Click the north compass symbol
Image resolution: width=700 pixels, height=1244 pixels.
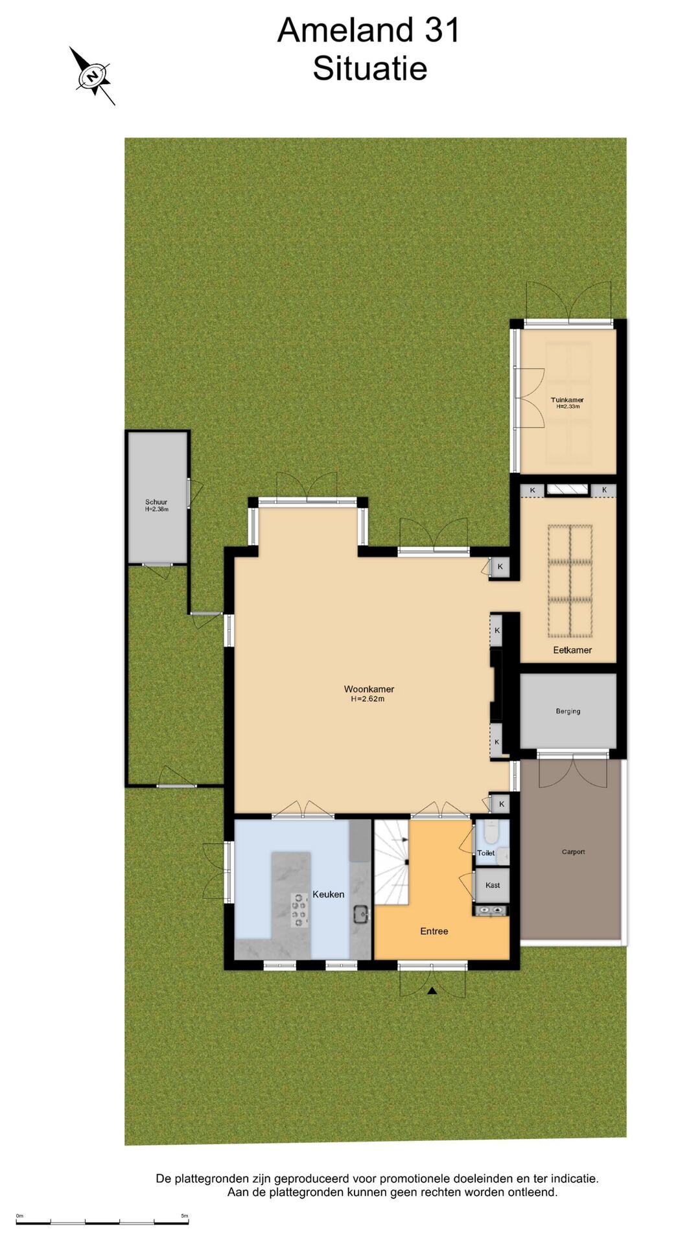pyautogui.click(x=93, y=76)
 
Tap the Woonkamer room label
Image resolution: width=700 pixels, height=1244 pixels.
pyautogui.click(x=369, y=689)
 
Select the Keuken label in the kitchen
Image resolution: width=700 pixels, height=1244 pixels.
pyautogui.click(x=329, y=894)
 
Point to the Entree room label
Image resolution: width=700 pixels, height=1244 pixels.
pyautogui.click(x=434, y=931)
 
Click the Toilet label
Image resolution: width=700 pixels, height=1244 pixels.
pyautogui.click(x=486, y=853)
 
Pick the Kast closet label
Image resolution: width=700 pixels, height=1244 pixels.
pyautogui.click(x=493, y=885)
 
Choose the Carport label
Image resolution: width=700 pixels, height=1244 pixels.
pyautogui.click(x=573, y=852)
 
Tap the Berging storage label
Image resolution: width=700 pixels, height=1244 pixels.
pyautogui.click(x=568, y=711)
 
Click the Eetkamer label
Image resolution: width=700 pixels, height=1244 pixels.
pyautogui.click(x=572, y=650)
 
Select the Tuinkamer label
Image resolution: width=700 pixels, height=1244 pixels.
pyautogui.click(x=567, y=400)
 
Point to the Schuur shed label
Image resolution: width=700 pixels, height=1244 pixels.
pyautogui.click(x=156, y=502)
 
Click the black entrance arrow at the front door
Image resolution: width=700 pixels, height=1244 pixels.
pyautogui.click(x=432, y=991)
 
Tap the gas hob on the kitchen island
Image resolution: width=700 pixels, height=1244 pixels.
pyautogui.click(x=299, y=909)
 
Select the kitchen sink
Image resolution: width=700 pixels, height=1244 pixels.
pyautogui.click(x=361, y=914)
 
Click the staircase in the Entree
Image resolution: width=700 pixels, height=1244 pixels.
pyautogui.click(x=392, y=862)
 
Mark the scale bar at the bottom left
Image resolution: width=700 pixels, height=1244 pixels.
pyautogui.click(x=102, y=1223)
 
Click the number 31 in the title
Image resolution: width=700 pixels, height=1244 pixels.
pyautogui.click(x=442, y=30)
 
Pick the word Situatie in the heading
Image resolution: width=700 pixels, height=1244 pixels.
pyautogui.click(x=370, y=69)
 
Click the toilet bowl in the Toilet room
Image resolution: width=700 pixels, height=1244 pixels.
pyautogui.click(x=491, y=832)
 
